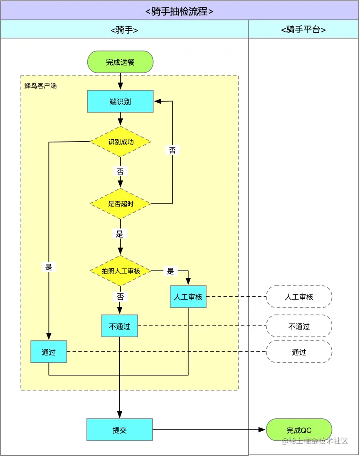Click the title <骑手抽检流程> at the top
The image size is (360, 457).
point(180,11)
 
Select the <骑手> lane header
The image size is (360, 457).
point(124,29)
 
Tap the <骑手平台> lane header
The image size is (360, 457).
point(303,29)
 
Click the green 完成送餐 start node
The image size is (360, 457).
point(120,62)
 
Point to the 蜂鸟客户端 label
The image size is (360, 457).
point(40,86)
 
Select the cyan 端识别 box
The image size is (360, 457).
point(120,102)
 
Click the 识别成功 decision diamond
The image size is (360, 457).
point(121,142)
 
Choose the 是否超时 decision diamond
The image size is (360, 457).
point(121,204)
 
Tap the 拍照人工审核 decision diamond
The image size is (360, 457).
point(121,271)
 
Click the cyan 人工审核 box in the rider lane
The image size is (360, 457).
point(188,297)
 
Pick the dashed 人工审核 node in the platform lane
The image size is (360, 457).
point(299,297)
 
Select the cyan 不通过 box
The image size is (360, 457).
point(120,326)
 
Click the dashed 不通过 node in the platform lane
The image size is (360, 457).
point(299,327)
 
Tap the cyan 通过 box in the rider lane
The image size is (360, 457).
point(49,352)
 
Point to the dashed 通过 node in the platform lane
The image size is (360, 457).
point(299,352)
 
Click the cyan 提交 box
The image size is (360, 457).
point(120,430)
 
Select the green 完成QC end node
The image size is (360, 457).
point(299,430)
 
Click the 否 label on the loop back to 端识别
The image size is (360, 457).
point(172,150)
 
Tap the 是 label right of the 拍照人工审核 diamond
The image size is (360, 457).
point(170,271)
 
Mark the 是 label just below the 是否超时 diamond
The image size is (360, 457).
point(120,234)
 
